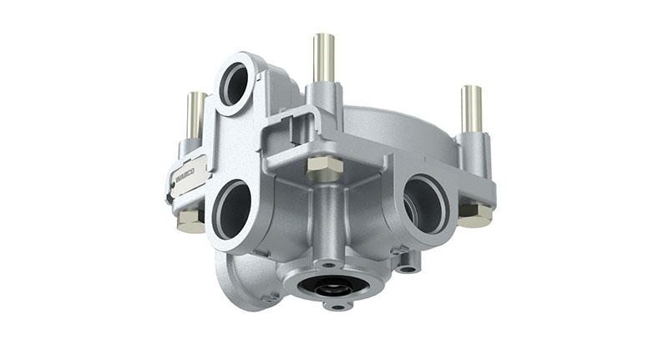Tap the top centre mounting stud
[x=324, y=58]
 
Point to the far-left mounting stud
[x=195, y=114]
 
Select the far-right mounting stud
[x=471, y=109]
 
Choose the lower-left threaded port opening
[x=233, y=209]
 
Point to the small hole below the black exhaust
[x=337, y=307]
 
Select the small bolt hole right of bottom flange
[x=407, y=268]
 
